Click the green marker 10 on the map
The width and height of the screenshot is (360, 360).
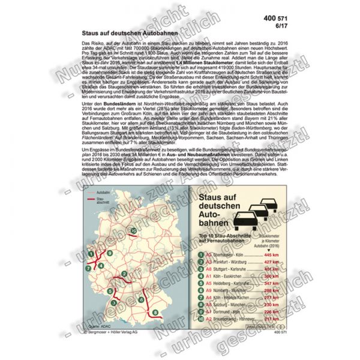133,230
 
